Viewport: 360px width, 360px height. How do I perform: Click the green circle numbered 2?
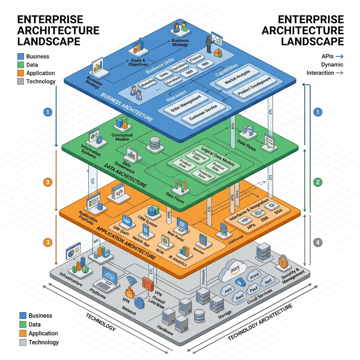[x=318, y=182]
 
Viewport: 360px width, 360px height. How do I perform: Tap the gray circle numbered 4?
[x=318, y=242]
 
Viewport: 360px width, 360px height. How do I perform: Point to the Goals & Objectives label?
[x=138, y=62]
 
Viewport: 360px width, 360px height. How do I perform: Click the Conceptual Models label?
[x=122, y=137]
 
